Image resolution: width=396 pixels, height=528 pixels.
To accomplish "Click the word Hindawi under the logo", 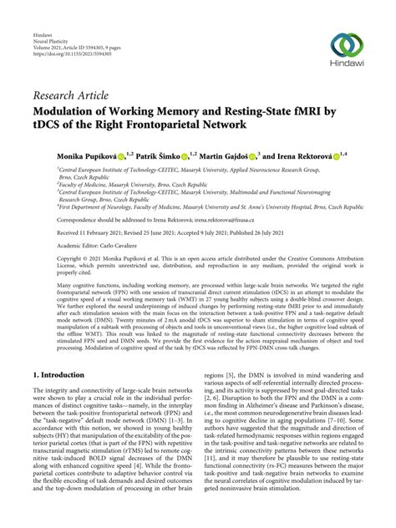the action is click(x=347, y=67).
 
